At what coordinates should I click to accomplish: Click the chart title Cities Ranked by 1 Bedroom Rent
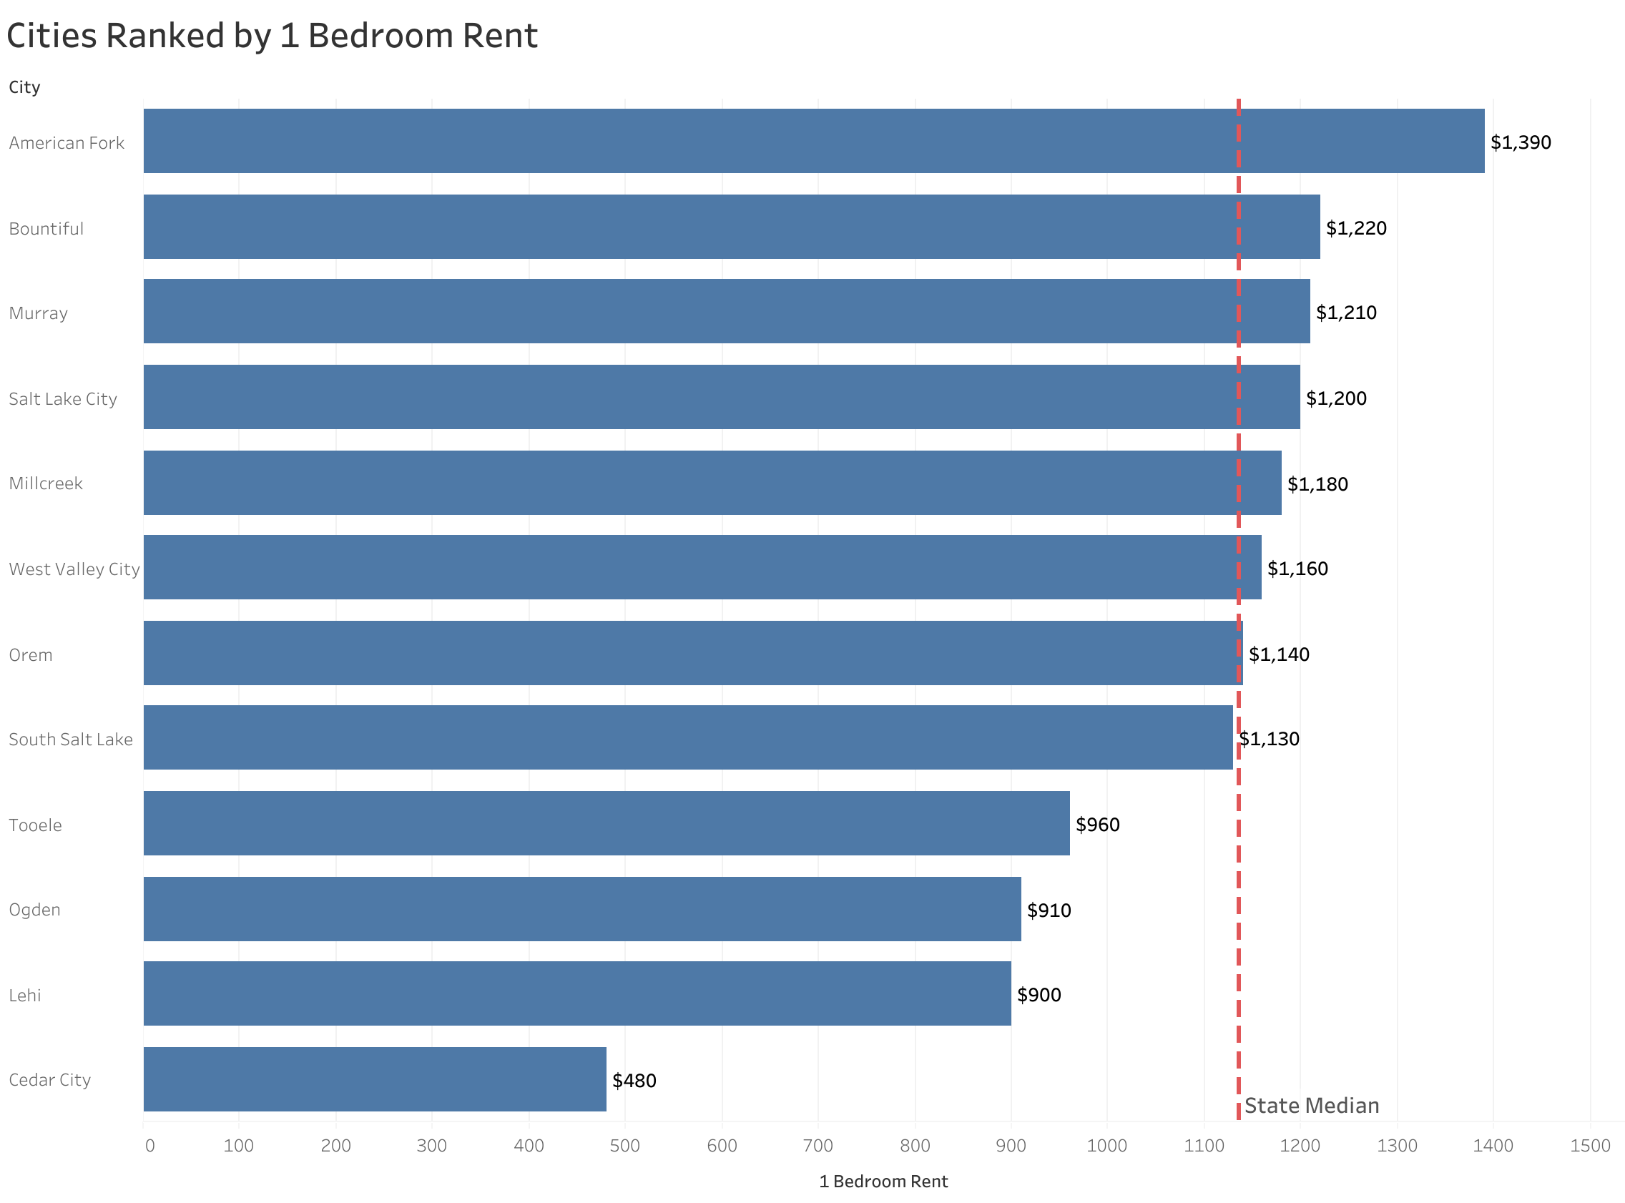[272, 36]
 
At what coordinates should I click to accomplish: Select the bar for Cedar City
[374, 1079]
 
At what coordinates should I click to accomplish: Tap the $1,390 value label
[1520, 143]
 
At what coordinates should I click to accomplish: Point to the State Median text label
[1311, 1106]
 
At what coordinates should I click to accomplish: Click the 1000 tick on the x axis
[1106, 1146]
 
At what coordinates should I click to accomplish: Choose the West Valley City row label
[74, 569]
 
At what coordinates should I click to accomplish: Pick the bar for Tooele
[606, 824]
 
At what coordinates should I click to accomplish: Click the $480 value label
[634, 1081]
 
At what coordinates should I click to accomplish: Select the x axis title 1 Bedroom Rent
[883, 1182]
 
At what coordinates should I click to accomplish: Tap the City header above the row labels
[24, 87]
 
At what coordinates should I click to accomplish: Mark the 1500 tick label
[1590, 1146]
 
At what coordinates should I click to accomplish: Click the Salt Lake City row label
[63, 399]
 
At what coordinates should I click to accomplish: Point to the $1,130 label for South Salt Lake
[1269, 739]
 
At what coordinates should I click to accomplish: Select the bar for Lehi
[576, 994]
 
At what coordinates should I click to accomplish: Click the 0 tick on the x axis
[149, 1146]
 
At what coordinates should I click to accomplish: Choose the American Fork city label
[67, 143]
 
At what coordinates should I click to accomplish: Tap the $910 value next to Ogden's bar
[1049, 910]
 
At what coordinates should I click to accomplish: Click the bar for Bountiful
[731, 227]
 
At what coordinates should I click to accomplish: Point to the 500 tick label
[624, 1146]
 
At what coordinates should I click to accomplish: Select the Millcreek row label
[46, 483]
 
